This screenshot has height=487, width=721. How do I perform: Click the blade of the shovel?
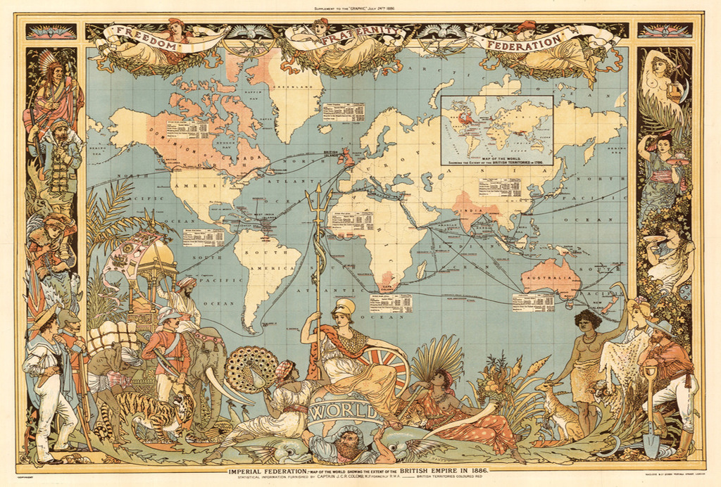(x=651, y=444)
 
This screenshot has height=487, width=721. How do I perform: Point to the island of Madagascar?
(x=422, y=270)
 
